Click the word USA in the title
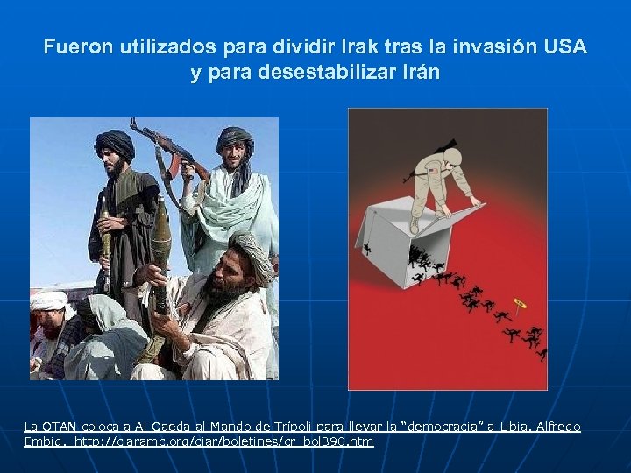pyautogui.click(x=564, y=46)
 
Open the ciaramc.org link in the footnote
pyautogui.click(x=224, y=441)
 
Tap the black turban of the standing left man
pyautogui.click(x=115, y=142)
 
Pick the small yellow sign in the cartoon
pyautogui.click(x=520, y=303)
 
